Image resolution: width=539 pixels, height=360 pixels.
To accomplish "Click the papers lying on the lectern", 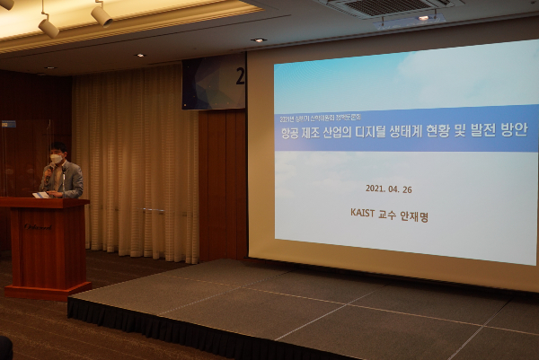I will click(x=41, y=194).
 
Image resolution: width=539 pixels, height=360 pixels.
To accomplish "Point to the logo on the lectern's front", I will click(x=37, y=225).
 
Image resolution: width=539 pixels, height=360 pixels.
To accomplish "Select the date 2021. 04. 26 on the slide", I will click(x=388, y=189).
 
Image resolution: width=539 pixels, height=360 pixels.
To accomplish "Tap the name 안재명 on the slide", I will click(x=416, y=215).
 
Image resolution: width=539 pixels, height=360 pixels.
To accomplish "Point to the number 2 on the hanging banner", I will click(x=240, y=75).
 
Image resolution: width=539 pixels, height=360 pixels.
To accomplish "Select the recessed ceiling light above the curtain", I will click(x=259, y=40).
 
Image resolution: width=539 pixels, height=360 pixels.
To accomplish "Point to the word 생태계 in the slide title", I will click(x=433, y=131).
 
